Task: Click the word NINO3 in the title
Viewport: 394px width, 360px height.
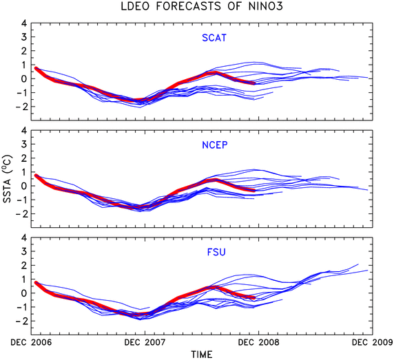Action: (x=265, y=6)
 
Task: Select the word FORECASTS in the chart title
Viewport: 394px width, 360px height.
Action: (x=189, y=6)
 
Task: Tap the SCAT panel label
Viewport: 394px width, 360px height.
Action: (x=214, y=38)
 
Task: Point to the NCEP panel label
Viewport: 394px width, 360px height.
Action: (x=215, y=145)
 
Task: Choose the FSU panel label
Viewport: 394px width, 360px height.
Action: (x=216, y=252)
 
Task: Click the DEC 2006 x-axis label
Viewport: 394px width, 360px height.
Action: (x=31, y=342)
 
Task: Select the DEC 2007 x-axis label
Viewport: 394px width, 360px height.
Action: (x=145, y=342)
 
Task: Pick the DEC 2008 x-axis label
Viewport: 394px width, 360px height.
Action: (x=258, y=342)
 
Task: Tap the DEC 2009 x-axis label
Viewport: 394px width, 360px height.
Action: (x=373, y=342)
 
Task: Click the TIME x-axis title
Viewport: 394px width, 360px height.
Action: (x=202, y=354)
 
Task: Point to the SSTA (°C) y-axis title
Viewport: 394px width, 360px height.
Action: (x=8, y=179)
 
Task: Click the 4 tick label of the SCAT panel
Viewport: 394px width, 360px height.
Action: (x=24, y=23)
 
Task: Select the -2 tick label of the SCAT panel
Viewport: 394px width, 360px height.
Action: (x=21, y=107)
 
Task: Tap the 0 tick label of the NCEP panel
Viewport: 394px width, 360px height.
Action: (x=24, y=186)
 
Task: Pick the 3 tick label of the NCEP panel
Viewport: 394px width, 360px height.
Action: (x=24, y=144)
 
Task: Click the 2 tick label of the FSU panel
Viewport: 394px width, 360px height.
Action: (x=24, y=265)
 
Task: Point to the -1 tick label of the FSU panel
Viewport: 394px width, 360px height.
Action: (x=21, y=307)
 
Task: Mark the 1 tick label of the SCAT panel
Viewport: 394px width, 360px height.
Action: (x=24, y=65)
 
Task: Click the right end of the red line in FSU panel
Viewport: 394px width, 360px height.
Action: (x=255, y=298)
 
